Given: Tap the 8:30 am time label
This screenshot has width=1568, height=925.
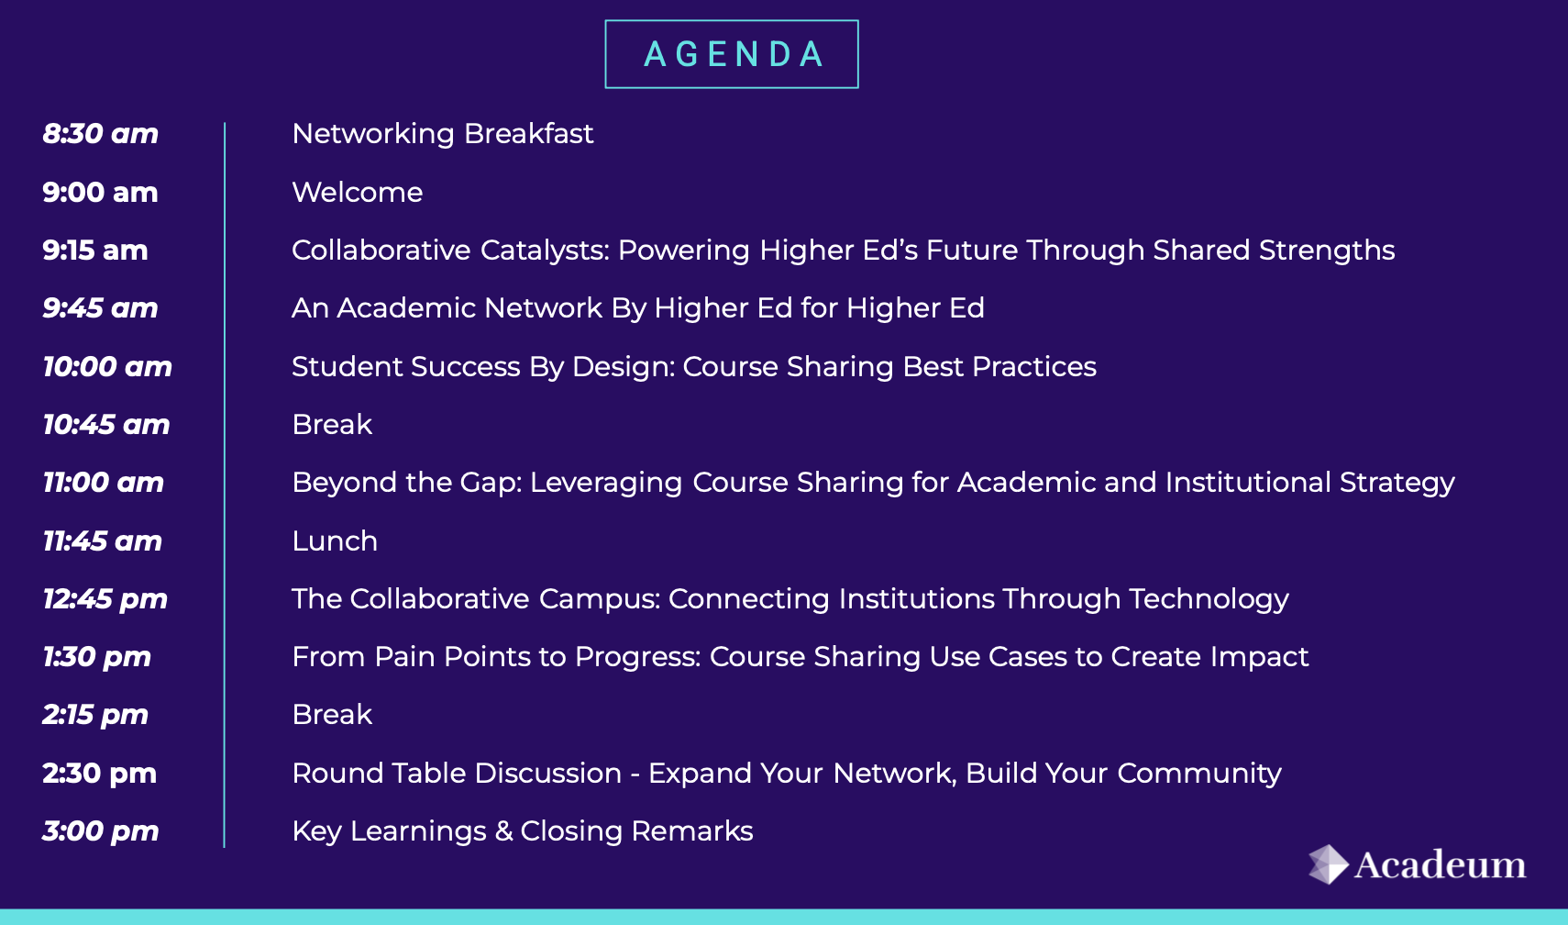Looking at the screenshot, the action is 100,133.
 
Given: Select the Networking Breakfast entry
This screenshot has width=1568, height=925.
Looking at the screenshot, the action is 442,134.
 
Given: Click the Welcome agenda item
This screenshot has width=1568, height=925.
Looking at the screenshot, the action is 357,192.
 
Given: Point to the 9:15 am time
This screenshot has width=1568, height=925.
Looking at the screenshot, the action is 95,251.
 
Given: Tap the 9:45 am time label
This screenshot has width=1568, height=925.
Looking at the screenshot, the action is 100,307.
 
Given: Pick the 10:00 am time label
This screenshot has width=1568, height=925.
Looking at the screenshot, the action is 107,366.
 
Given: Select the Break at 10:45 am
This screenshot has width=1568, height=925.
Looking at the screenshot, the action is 332,425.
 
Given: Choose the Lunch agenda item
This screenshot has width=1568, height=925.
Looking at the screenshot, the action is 335,541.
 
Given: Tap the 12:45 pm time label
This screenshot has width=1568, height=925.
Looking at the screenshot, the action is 105,599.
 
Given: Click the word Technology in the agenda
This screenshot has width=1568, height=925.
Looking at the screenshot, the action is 1209,599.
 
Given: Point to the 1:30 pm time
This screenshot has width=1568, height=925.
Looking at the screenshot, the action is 96,657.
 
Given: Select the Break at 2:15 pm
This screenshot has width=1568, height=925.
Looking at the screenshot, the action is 332,715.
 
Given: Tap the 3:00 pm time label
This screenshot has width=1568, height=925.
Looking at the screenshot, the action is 100,831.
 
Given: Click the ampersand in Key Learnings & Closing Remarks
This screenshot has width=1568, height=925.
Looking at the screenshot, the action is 503,831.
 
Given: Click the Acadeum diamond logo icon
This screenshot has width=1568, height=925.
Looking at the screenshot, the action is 1328,864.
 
